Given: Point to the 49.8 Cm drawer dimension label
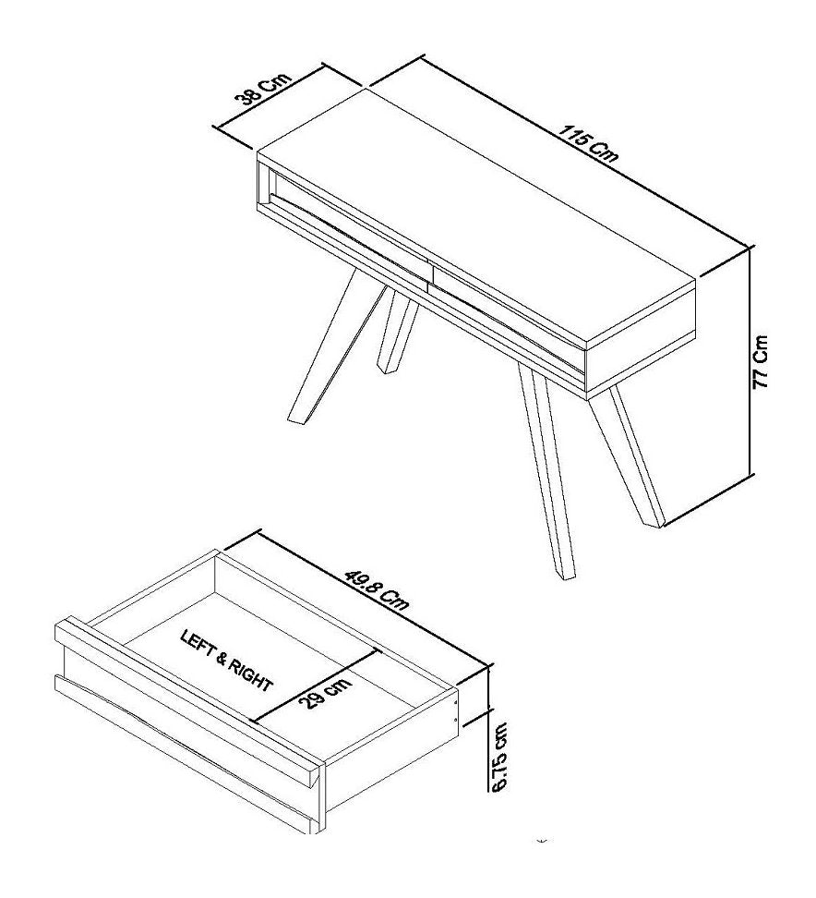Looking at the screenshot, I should coord(377,587).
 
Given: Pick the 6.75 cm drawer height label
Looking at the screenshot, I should coord(500,757).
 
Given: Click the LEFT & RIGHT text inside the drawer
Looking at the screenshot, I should coord(226,661).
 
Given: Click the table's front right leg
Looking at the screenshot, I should coord(546,471).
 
